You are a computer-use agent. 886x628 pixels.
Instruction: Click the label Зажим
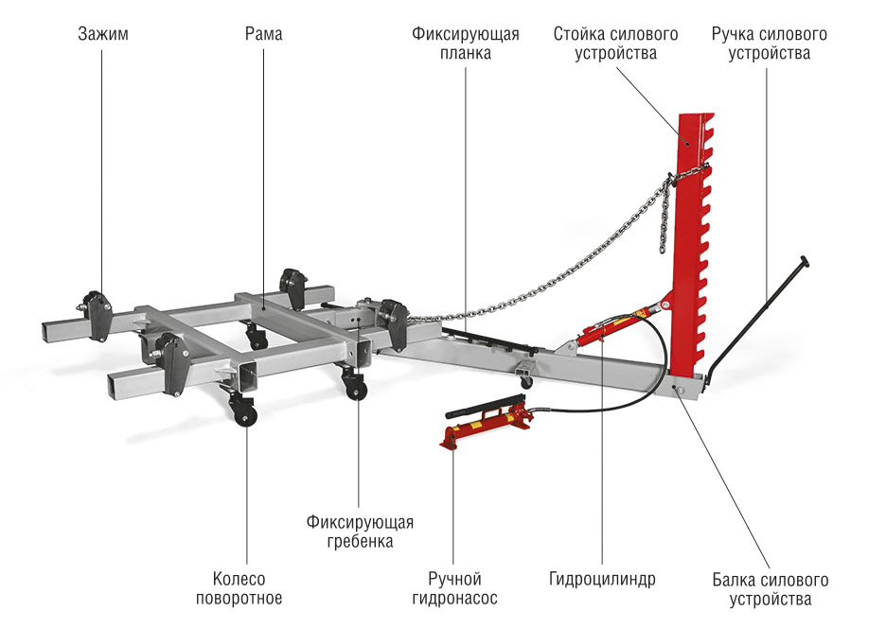coord(102,35)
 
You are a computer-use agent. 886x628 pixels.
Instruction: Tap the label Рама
coord(262,35)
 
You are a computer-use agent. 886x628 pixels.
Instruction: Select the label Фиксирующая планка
coord(465,44)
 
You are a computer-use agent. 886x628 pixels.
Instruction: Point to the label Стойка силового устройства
coord(615,44)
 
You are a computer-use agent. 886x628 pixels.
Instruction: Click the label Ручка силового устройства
coord(769,44)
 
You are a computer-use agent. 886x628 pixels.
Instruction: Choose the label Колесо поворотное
coord(239,588)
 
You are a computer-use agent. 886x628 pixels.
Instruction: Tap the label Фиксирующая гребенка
coord(360,532)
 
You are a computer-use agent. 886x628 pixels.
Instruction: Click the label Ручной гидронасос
coord(454,588)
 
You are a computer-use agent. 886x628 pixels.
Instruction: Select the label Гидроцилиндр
coord(602,579)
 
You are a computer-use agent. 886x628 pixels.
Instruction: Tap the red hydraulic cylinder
coord(615,326)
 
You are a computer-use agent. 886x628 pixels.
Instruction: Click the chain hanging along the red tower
coord(665,218)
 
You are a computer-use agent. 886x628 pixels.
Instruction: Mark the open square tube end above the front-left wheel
coord(248,375)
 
